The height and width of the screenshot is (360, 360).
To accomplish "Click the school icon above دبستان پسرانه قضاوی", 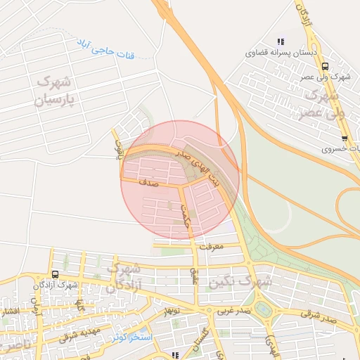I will (x=281, y=41).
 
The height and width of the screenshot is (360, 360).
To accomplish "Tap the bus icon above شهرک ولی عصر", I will (x=324, y=66).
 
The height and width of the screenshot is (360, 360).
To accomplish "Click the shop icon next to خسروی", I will (x=344, y=138).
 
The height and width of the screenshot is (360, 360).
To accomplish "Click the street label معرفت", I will (x=211, y=247).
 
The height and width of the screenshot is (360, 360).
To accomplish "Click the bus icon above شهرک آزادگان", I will (x=55, y=274).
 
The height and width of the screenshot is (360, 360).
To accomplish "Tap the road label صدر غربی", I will (x=233, y=310).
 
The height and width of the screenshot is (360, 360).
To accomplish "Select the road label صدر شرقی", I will (x=322, y=317).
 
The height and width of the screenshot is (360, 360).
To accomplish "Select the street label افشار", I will (x=9, y=311).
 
